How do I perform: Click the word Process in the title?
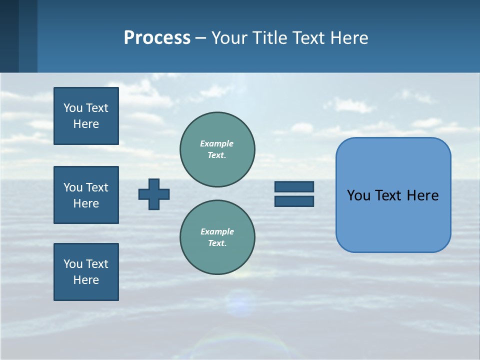point(157,38)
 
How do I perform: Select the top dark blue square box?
point(86,116)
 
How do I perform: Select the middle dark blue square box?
point(86,195)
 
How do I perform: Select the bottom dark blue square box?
point(86,272)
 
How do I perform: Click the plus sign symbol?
point(154,194)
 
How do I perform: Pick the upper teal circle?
point(217,149)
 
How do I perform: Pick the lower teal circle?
point(217,237)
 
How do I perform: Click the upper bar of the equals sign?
point(294,186)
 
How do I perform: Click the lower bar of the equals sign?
point(294,201)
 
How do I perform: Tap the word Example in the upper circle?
point(216,143)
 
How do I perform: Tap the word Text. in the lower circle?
point(217,243)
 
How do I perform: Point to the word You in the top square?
point(73,108)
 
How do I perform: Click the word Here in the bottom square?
point(86,280)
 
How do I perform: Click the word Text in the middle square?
point(96,187)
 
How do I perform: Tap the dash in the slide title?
point(200,38)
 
